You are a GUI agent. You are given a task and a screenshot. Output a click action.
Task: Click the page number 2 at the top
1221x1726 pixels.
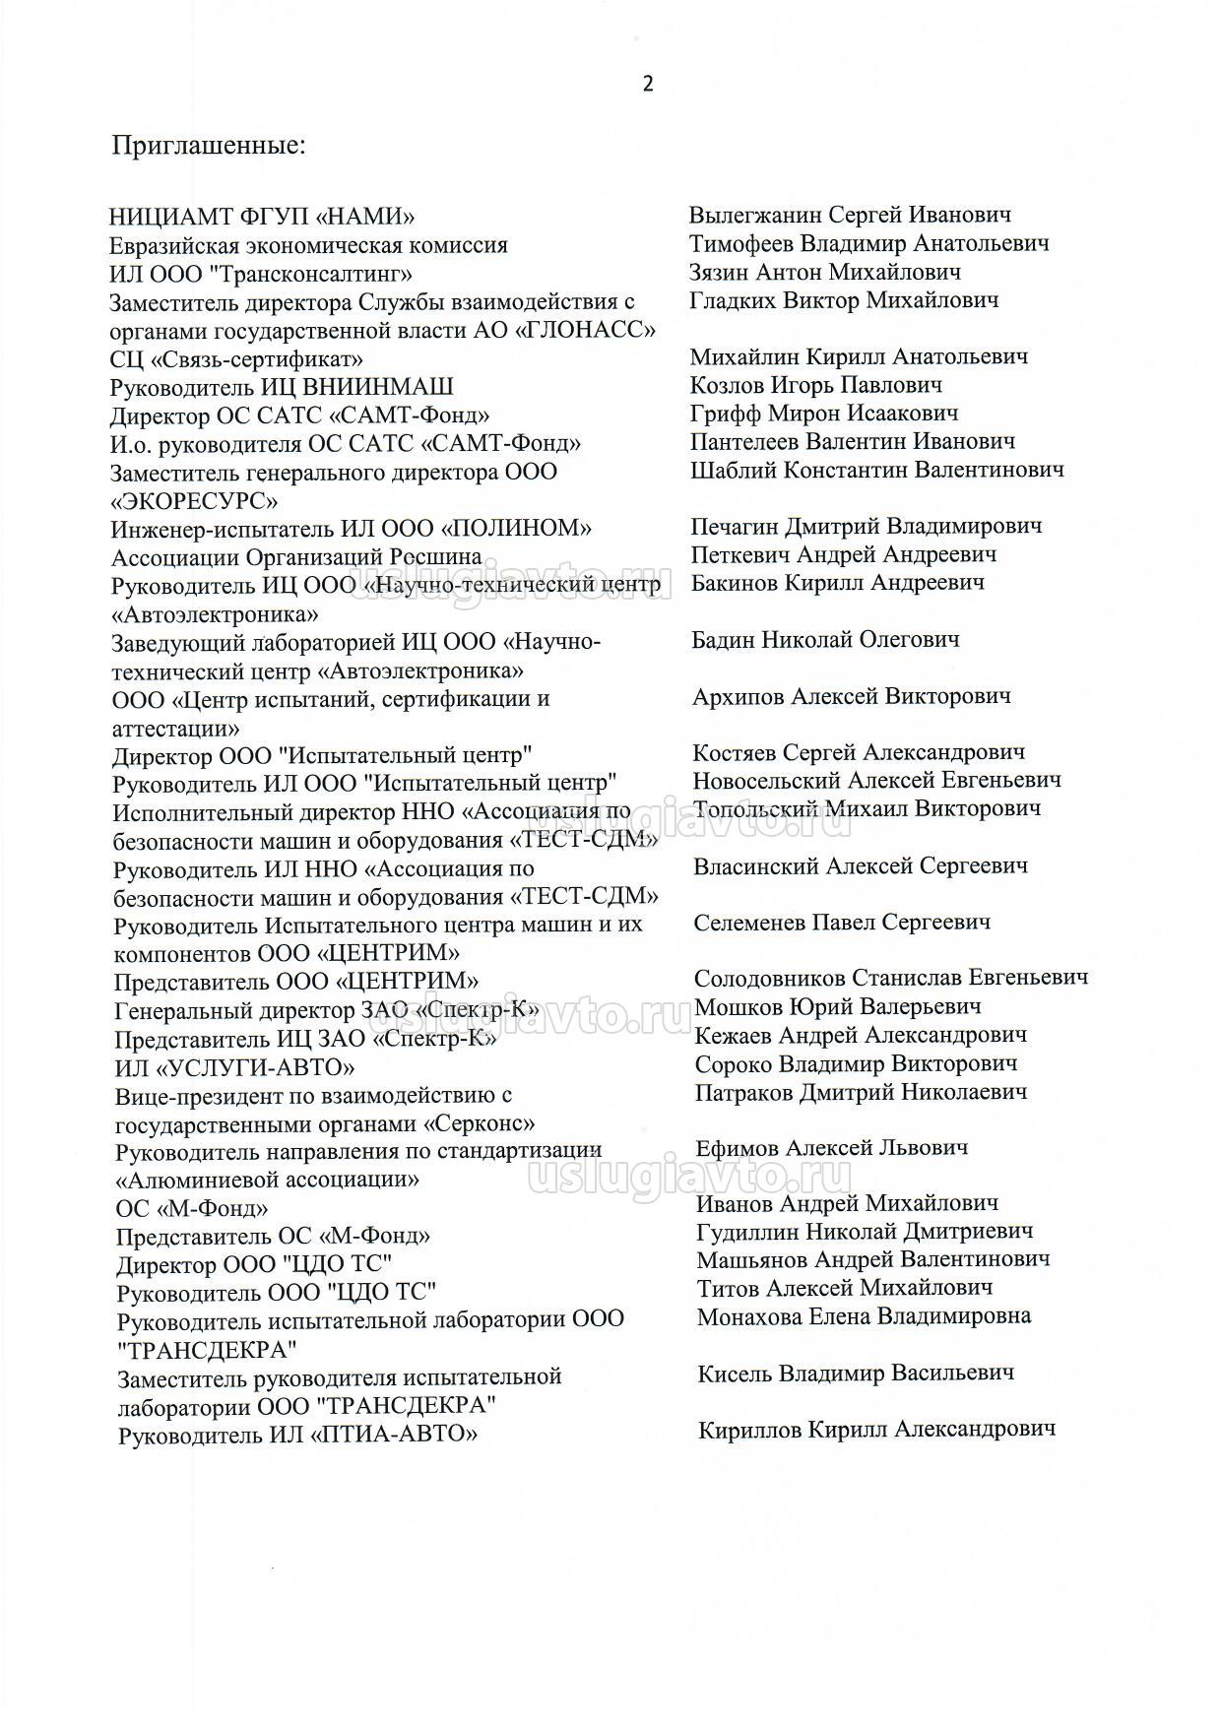647,84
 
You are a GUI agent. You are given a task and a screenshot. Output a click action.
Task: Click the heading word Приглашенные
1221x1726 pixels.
209,147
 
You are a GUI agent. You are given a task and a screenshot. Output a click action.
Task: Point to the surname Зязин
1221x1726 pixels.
718,272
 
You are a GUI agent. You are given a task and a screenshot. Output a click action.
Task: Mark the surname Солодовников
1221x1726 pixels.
769,979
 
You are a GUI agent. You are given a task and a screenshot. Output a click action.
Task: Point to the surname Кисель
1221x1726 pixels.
736,1374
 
